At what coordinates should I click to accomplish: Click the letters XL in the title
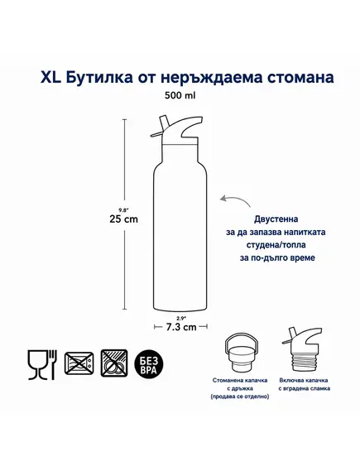pyautogui.click(x=51, y=77)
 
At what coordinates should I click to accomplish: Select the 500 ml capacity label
pyautogui.click(x=180, y=95)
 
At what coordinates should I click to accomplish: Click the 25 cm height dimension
pyautogui.click(x=123, y=219)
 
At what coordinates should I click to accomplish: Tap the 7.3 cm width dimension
pyautogui.click(x=181, y=327)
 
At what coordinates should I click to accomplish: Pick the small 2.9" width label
pyautogui.click(x=180, y=319)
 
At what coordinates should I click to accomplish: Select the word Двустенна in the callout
pyautogui.click(x=276, y=219)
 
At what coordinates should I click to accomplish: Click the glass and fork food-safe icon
pyautogui.click(x=42, y=365)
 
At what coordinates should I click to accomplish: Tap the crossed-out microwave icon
pyautogui.click(x=79, y=363)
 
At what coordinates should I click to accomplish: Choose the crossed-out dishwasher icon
pyautogui.click(x=114, y=363)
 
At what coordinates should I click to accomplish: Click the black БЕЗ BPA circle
pyautogui.click(x=149, y=364)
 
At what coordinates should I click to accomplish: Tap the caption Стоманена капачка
pyautogui.click(x=240, y=380)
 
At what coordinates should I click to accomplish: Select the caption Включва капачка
pyautogui.click(x=304, y=380)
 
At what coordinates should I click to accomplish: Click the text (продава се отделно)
pyautogui.click(x=240, y=397)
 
